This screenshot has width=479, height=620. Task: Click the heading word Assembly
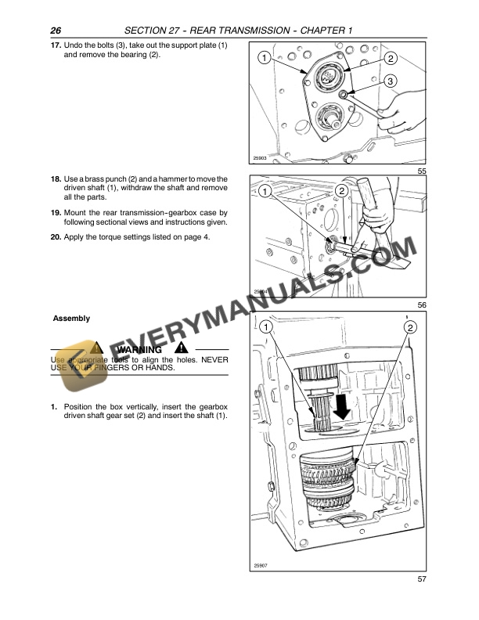point(71,319)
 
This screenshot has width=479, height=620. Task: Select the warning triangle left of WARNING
point(96,348)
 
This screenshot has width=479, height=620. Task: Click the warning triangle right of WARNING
point(182,348)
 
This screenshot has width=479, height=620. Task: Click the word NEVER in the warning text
point(211,360)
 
